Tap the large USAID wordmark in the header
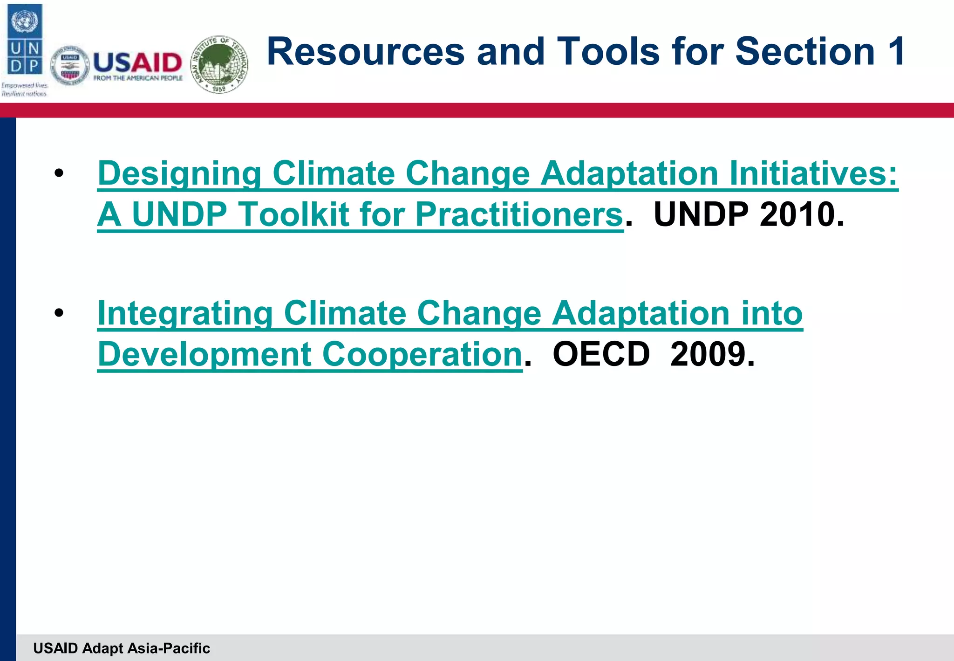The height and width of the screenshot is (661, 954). (137, 62)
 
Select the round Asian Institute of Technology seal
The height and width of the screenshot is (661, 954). (220, 64)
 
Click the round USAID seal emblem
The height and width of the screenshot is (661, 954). (70, 66)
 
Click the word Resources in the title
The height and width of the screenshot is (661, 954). (366, 51)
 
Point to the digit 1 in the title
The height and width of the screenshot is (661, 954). (895, 51)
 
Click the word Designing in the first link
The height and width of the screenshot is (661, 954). (179, 173)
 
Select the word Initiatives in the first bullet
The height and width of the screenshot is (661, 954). (813, 173)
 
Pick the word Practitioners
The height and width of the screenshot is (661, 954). (519, 214)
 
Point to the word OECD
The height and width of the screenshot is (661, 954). (601, 354)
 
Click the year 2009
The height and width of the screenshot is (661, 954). (712, 354)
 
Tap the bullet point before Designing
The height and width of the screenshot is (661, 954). (59, 173)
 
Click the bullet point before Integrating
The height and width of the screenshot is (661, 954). (59, 313)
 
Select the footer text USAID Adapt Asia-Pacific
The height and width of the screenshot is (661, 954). (122, 648)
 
